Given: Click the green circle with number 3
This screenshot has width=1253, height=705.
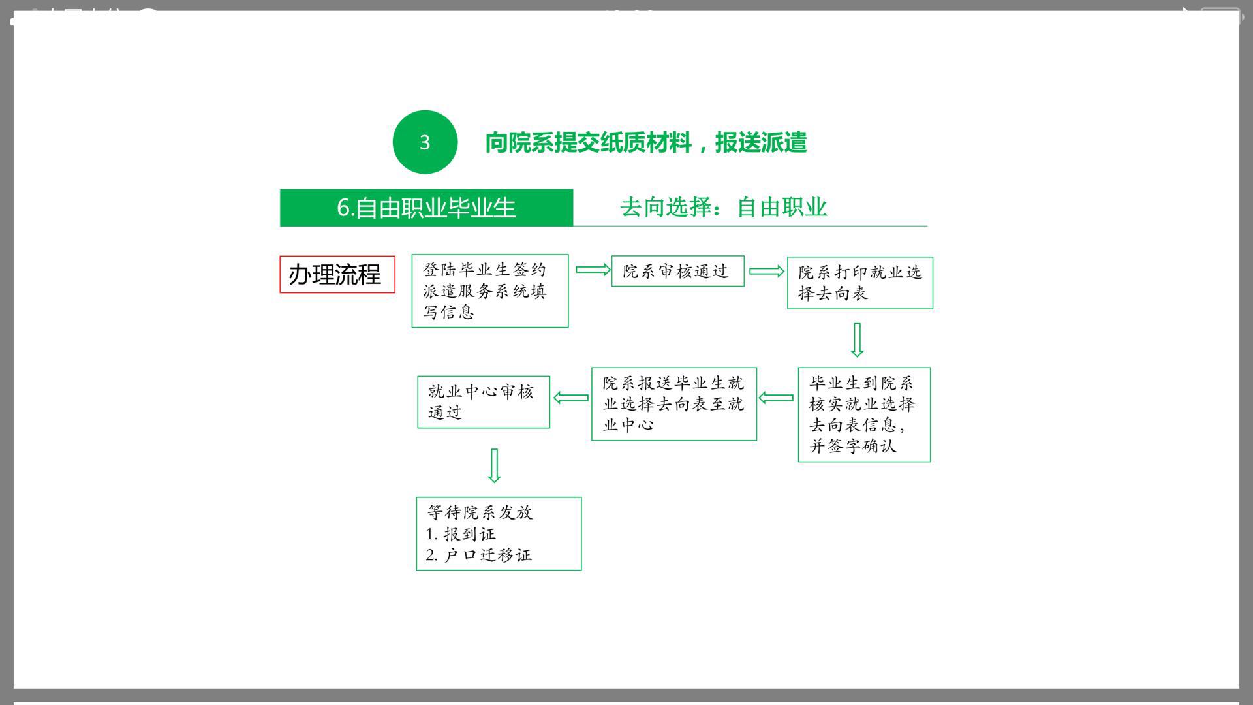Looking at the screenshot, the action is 425,142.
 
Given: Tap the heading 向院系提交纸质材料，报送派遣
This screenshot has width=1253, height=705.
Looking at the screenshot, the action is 645,142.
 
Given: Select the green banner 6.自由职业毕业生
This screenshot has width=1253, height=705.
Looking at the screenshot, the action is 426,208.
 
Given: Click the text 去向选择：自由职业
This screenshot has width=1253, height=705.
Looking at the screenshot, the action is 723,207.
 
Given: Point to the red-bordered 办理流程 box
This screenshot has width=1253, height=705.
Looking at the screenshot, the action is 337,274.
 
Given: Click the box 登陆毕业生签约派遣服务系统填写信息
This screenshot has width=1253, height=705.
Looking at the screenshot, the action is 490,290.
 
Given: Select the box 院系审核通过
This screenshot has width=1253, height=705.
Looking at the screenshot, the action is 677,271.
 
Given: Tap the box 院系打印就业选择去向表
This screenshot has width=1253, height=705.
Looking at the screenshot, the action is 860,283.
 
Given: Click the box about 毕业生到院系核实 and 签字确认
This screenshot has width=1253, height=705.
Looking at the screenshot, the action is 864,415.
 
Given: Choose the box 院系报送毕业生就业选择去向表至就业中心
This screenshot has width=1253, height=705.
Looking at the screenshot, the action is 674,404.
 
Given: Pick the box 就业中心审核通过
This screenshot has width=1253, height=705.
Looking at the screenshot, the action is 484,402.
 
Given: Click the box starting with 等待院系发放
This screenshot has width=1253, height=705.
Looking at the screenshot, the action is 499,534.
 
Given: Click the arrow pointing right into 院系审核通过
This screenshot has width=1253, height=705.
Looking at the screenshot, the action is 593,270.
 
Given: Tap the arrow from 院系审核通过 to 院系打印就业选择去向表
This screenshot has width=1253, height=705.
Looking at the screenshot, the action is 767,271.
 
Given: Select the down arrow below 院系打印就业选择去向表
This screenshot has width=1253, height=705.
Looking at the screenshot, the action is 858,340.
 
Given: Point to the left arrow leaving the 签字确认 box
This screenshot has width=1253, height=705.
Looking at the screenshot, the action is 777,398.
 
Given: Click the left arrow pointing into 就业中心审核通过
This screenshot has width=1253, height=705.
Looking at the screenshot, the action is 571,398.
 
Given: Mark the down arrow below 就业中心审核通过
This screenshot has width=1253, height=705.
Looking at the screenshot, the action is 495,465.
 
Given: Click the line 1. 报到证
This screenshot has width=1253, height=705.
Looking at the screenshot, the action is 461,534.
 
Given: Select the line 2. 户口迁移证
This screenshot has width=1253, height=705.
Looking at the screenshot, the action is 479,555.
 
